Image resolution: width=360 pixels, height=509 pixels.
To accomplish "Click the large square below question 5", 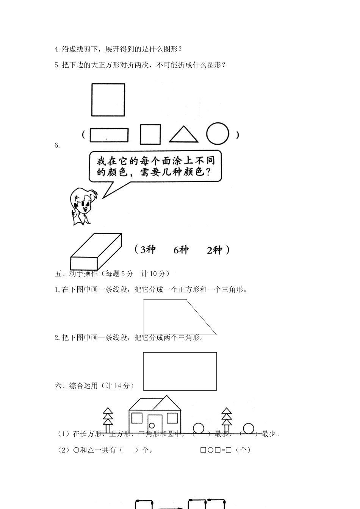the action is tap(108, 100).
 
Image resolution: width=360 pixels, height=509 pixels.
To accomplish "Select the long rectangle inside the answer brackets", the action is tap(109, 135).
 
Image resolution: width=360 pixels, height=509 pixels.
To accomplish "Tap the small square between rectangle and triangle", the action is tap(150, 134).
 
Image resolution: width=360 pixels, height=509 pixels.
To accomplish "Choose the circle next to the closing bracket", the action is tap(218, 134).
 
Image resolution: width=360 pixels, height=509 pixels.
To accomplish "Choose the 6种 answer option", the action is tap(181, 250).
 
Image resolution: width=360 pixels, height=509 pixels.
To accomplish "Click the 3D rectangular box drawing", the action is tap(96, 252).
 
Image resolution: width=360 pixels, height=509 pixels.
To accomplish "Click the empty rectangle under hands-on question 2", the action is tap(180, 371).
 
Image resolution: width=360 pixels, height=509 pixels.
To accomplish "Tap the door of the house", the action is tap(155, 424).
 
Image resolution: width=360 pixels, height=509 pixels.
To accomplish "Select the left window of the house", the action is tap(137, 418).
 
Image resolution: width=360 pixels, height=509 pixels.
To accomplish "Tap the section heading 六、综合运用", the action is tap(95, 386).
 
